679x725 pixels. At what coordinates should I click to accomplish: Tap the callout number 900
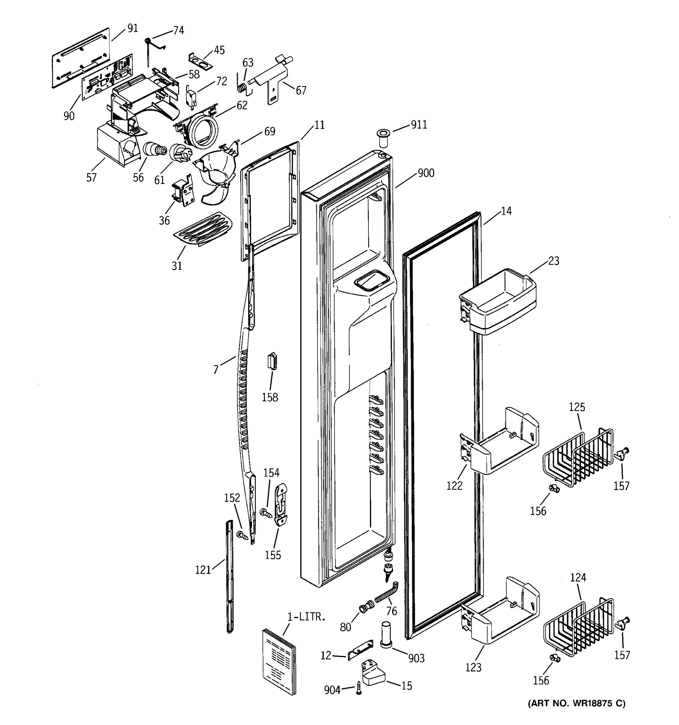coord(426,173)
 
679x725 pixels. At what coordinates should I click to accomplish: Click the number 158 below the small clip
coord(269,397)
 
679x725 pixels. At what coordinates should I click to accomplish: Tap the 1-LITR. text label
coord(306,617)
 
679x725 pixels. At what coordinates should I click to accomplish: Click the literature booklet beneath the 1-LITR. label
coord(279,661)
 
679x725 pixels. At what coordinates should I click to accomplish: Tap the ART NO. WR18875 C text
coord(576,703)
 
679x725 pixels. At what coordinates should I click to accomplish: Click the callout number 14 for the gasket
coord(506,211)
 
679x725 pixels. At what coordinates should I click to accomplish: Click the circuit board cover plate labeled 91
coord(81,57)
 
